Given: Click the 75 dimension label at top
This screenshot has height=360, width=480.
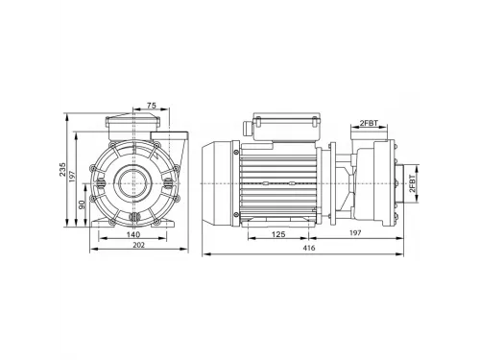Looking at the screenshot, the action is (152, 105).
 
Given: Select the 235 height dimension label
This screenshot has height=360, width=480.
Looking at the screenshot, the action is (62, 169).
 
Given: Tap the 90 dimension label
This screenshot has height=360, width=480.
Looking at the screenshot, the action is (82, 204).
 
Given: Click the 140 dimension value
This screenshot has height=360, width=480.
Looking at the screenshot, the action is (133, 234).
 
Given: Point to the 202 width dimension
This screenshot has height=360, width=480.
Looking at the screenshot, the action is (138, 245).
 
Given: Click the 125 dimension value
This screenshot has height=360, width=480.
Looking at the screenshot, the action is (278, 234).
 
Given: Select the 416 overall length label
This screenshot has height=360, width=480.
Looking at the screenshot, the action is (309, 248).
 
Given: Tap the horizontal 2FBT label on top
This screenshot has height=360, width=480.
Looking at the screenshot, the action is (369, 123).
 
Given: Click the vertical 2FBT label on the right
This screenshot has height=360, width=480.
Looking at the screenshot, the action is (413, 183).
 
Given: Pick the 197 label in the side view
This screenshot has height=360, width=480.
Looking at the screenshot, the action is (355, 232).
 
